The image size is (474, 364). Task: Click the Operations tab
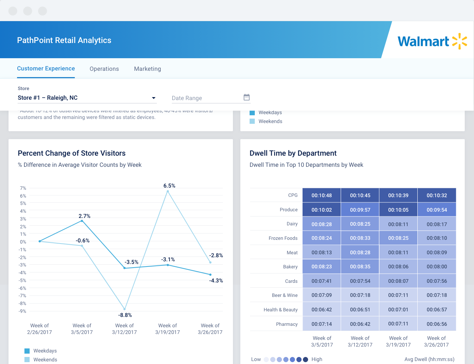[104, 69]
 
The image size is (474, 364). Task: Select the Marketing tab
[147, 69]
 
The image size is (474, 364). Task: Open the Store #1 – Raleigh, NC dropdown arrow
[154, 98]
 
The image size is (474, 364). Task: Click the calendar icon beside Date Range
[247, 97]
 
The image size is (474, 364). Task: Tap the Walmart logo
[432, 41]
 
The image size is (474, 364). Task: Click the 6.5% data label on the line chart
[169, 186]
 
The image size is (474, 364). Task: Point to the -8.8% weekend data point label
[125, 315]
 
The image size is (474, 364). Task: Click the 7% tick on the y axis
[23, 188]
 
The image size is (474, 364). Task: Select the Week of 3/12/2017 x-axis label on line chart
[124, 329]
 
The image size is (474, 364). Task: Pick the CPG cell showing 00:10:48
[321, 195]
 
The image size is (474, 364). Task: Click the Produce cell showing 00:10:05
[398, 210]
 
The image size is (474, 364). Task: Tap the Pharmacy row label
[287, 324]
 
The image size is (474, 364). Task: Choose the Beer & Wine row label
[284, 295]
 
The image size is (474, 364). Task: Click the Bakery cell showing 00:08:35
[360, 267]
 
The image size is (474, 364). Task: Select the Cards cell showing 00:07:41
[321, 281]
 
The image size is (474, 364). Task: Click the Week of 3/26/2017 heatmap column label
[436, 341]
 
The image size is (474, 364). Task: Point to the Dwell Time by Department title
[293, 153]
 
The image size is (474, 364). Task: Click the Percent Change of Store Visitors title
[71, 153]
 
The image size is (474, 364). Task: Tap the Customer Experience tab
[46, 69]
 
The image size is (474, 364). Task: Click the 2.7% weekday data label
[84, 216]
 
